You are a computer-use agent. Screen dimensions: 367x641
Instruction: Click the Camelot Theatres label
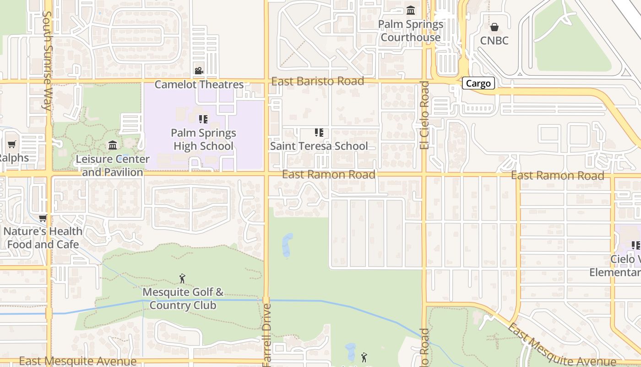click(199, 84)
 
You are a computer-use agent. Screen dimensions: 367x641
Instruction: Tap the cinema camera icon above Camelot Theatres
click(199, 71)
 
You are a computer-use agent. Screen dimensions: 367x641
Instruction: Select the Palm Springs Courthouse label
click(411, 31)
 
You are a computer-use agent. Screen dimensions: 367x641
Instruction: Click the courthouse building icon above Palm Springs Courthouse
click(411, 10)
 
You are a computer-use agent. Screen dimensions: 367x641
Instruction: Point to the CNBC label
click(494, 40)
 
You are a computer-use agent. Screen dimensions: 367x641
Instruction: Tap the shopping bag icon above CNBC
click(494, 27)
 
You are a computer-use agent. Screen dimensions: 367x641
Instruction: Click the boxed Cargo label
click(478, 83)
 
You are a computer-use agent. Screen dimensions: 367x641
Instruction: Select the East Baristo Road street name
click(318, 81)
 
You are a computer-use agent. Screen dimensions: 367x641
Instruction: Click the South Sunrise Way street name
click(47, 60)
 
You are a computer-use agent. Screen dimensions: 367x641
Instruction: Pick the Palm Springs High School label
click(203, 139)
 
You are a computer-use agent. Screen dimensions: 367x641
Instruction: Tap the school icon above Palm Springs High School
click(203, 119)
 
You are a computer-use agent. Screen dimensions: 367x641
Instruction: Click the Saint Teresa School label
click(319, 146)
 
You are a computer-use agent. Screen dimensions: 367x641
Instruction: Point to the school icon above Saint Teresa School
click(319, 133)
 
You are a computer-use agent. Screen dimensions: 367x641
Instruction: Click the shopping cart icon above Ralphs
click(12, 144)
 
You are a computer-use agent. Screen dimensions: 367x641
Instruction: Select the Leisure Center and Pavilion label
click(113, 166)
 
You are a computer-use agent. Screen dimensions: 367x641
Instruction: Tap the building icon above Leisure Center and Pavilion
click(113, 145)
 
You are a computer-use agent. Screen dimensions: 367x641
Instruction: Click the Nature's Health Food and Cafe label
click(43, 238)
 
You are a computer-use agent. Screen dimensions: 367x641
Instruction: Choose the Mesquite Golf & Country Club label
click(183, 299)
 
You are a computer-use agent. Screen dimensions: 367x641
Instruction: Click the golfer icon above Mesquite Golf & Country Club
click(182, 278)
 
